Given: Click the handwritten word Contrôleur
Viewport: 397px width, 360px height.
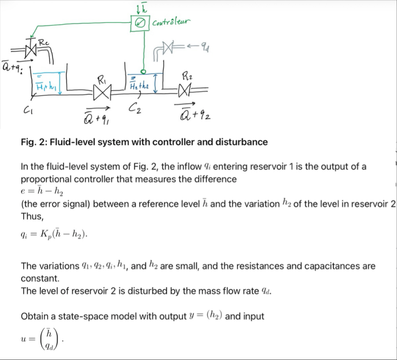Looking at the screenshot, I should [172, 21].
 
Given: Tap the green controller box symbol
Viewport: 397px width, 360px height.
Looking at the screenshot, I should [140, 22].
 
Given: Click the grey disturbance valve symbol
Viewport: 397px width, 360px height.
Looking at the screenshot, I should [169, 47].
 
